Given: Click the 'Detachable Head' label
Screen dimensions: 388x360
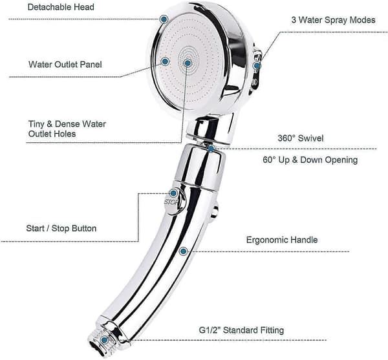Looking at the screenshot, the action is point(61,7).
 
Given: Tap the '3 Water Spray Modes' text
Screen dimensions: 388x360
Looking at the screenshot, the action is point(333,20).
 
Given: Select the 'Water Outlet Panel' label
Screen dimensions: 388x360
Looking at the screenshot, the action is point(65,65).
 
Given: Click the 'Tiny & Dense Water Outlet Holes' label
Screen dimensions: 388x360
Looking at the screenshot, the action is point(67,129).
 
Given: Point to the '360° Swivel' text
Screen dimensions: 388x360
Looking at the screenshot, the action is point(301,138).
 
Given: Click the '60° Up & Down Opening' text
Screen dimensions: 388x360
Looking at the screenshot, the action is point(310,160).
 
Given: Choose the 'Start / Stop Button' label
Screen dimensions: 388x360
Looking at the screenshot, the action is point(61,228).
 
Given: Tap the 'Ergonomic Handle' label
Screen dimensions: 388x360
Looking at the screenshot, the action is point(282,240).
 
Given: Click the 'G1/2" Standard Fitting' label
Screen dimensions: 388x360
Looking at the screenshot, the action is point(241,330).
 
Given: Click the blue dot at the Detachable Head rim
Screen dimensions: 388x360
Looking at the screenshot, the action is point(164,19).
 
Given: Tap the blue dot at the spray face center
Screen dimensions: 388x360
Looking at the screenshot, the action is point(188,63).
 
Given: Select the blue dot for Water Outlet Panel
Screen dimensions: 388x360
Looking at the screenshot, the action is point(165,61).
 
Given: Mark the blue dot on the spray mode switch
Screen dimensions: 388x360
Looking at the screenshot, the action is point(257,66).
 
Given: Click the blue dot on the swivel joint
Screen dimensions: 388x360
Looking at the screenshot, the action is point(211,149).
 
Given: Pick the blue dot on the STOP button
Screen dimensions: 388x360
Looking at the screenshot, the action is point(173,193).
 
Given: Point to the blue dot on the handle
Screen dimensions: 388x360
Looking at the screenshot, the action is point(184,251).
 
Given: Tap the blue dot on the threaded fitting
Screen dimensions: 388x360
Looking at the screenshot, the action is point(104,340).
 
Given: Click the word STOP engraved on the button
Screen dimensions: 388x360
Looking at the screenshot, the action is point(171,202).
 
